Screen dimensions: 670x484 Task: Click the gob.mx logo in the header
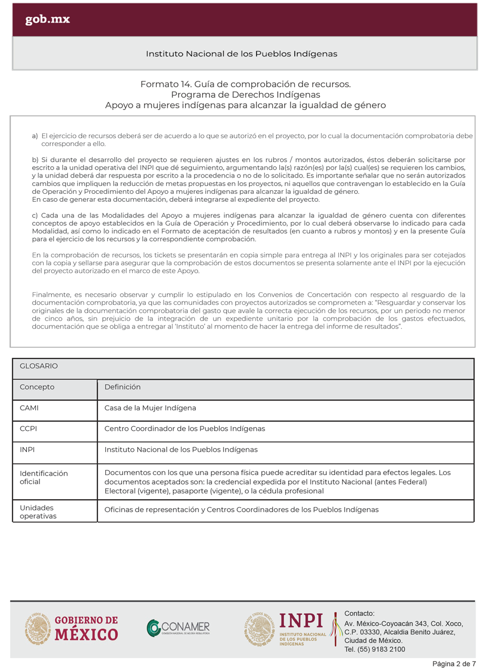47,20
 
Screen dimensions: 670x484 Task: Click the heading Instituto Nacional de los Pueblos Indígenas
241,54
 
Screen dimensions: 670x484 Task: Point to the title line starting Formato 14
245,84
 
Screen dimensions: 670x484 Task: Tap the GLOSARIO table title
38,366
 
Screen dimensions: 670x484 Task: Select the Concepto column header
37,387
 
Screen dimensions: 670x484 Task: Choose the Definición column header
123,387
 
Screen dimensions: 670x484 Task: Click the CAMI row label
29,408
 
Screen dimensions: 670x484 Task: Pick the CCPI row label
28,429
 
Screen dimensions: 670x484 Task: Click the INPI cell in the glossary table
27,450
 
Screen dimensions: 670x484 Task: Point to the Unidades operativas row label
38,512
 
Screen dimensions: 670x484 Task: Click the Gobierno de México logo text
86,628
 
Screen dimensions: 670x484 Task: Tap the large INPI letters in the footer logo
301,621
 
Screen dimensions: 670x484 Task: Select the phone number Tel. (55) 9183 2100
375,650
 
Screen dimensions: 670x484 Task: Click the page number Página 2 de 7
455,664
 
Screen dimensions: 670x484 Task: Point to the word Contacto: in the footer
359,613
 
